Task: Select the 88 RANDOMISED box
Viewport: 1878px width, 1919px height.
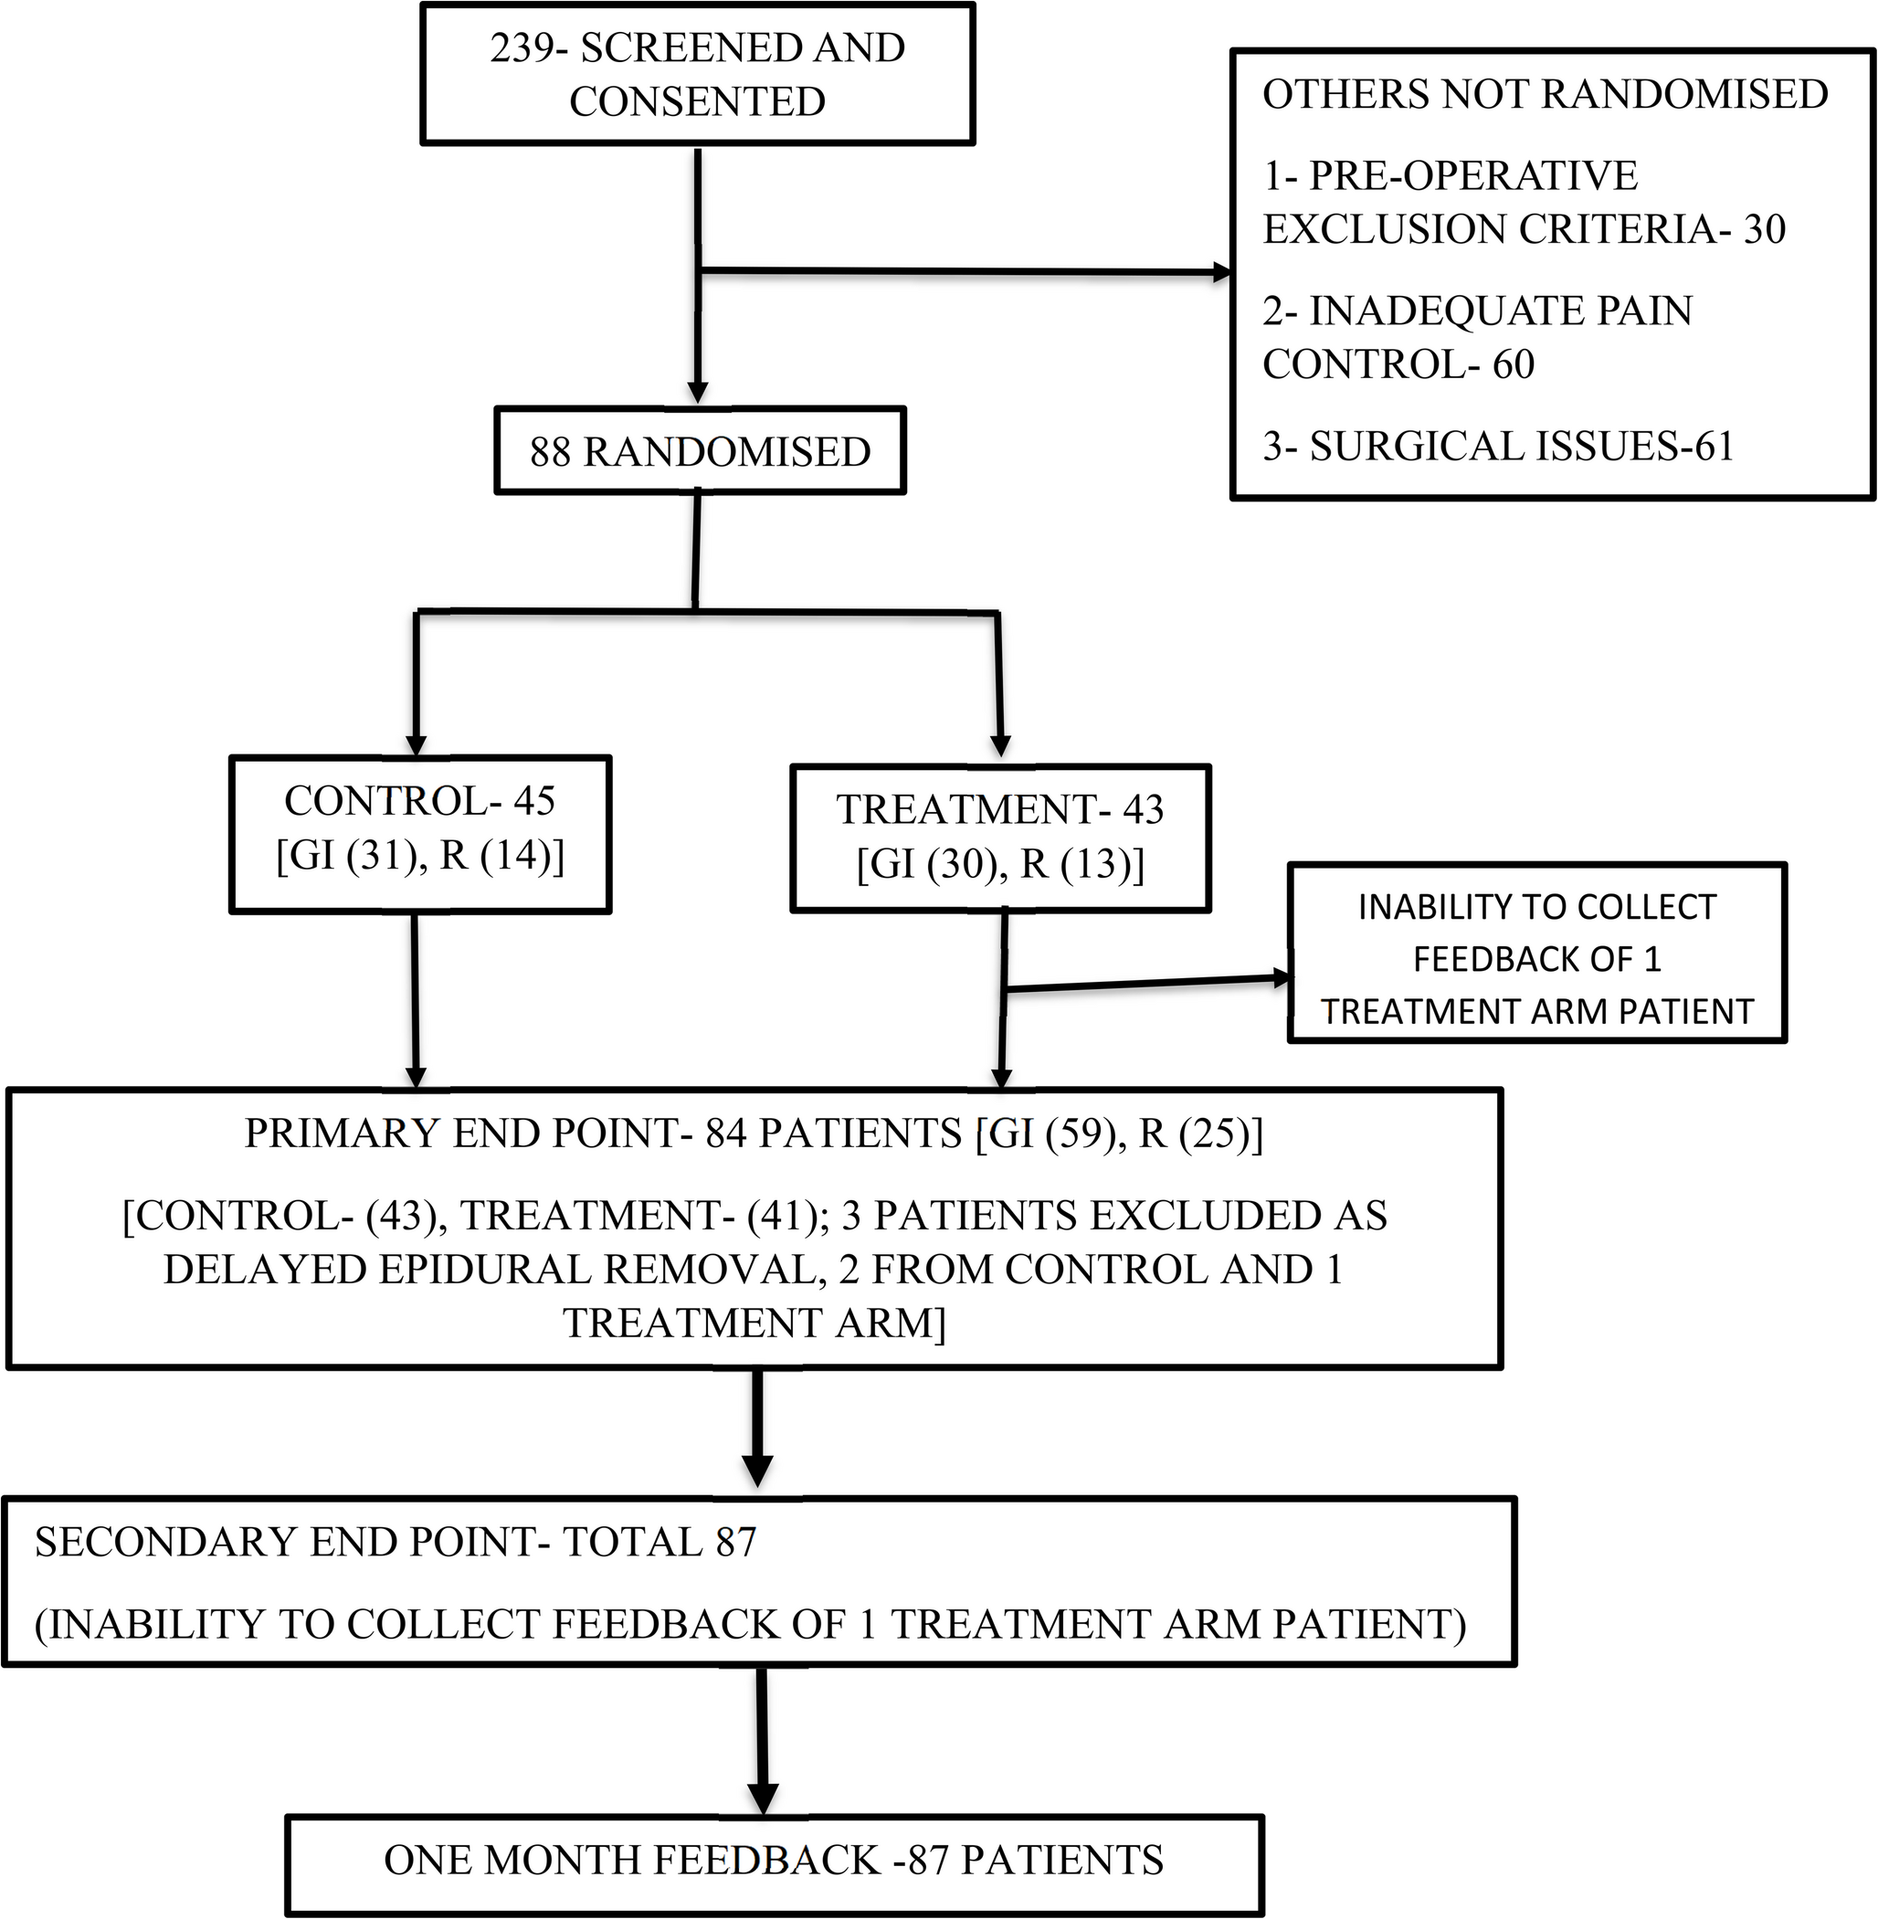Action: pyautogui.click(x=700, y=451)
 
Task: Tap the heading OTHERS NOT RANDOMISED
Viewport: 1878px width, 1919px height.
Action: pyautogui.click(x=1545, y=95)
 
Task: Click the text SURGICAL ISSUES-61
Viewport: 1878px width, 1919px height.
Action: pyautogui.click(x=1521, y=447)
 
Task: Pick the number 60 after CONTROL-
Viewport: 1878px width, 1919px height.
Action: pyautogui.click(x=1513, y=364)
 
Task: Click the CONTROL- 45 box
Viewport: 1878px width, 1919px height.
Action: pyautogui.click(x=420, y=834)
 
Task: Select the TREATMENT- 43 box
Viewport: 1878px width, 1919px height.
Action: pyautogui.click(x=1000, y=838)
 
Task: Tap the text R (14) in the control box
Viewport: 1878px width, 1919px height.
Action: pyautogui.click(x=502, y=855)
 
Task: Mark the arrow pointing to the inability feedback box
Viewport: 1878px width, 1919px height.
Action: pyautogui.click(x=1145, y=982)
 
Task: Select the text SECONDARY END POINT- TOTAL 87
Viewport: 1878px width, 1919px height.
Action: pyautogui.click(x=395, y=1543)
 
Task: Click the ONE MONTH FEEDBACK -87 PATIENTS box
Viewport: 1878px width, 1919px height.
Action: pyautogui.click(x=775, y=1860)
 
